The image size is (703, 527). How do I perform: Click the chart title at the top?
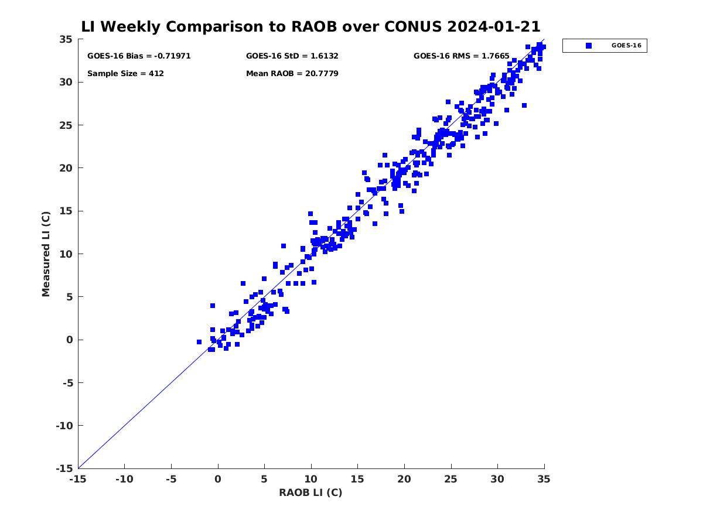tap(310, 27)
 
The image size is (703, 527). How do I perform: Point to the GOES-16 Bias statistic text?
tap(139, 56)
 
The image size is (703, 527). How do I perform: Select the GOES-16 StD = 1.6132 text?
tap(292, 56)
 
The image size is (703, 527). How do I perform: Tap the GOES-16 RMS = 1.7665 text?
tap(461, 56)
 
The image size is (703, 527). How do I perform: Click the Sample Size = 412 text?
tap(125, 74)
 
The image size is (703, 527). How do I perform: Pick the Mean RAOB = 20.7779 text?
tap(292, 74)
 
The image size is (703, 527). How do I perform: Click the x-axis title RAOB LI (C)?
tap(310, 492)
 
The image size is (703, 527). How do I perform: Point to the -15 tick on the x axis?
tap(78, 479)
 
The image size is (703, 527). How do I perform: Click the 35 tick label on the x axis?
tap(544, 479)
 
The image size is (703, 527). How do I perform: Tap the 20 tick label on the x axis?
tap(404, 479)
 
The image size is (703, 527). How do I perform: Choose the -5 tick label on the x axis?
tap(171, 479)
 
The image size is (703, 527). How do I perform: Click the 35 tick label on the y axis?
tap(66, 39)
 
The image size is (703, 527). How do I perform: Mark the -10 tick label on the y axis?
tap(63, 426)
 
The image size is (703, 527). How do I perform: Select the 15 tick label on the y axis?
tap(66, 211)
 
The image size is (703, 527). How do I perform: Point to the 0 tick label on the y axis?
tap(69, 340)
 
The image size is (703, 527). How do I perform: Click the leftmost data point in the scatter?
tap(199, 342)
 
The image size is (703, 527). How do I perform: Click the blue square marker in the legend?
tap(588, 46)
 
